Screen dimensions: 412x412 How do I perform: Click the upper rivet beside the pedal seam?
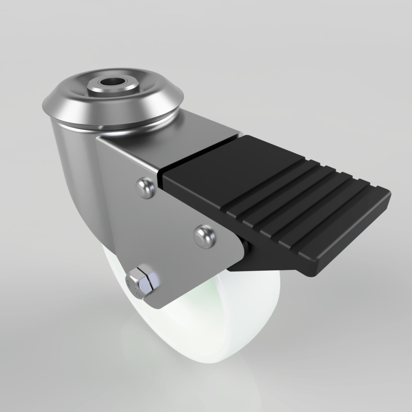pyautogui.click(x=145, y=187)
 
